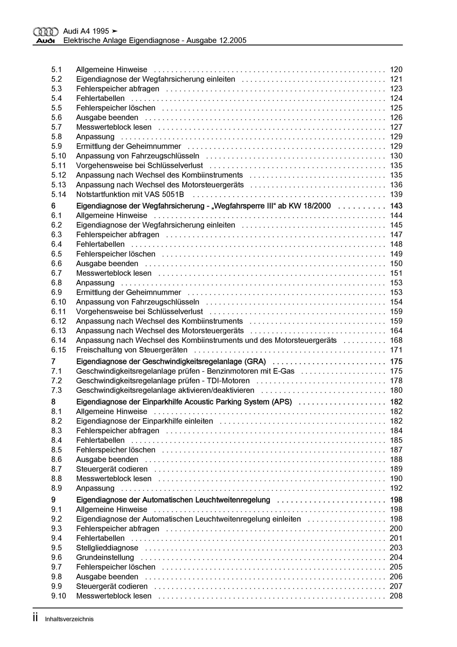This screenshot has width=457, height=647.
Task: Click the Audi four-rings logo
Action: tap(46, 32)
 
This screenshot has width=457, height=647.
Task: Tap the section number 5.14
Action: tap(59, 194)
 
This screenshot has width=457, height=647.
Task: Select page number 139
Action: tap(396, 194)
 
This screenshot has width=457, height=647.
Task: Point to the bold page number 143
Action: tap(396, 206)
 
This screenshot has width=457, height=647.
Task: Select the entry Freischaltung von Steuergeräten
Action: tap(132, 350)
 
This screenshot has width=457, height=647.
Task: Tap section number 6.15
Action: tap(59, 350)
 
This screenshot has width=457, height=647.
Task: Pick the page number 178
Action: tap(396, 381)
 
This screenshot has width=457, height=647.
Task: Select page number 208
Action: tap(396, 596)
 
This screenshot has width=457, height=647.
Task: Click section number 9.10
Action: tap(59, 596)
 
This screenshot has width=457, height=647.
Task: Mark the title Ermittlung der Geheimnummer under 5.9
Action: tap(129, 146)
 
